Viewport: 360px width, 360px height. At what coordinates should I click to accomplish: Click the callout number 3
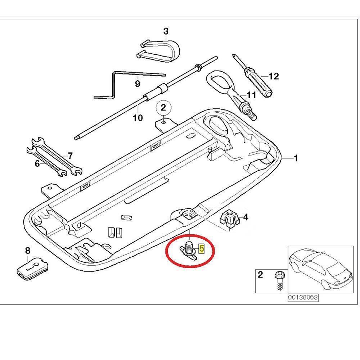(x=166, y=31)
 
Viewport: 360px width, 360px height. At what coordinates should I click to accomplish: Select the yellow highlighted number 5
(x=202, y=248)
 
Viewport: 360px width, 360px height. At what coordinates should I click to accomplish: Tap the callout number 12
(x=274, y=76)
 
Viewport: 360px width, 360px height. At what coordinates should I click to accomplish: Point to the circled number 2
(x=163, y=107)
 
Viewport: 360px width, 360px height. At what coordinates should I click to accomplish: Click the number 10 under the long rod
(x=138, y=118)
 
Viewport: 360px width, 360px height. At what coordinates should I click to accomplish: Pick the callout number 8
(x=28, y=250)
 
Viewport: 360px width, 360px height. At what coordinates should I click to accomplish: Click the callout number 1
(x=296, y=158)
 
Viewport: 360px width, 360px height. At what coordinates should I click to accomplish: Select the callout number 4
(x=246, y=217)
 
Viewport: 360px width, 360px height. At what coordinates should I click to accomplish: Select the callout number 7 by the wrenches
(x=70, y=156)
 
